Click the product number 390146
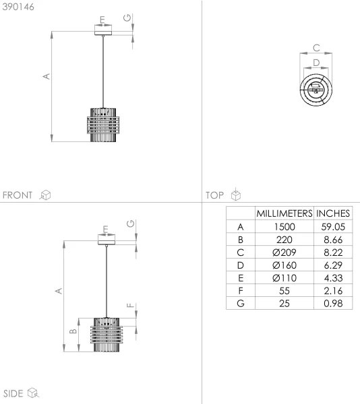[20, 7]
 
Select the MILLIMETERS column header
[284, 213]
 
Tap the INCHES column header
[334, 213]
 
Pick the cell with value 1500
[284, 226]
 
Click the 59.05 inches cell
[334, 226]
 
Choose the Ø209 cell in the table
[284, 252]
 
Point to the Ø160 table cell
[284, 265]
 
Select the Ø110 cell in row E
[284, 277]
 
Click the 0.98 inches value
[334, 303]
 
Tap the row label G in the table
[240, 303]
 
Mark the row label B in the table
[240, 239]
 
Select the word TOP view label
[215, 195]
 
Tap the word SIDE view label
[14, 393]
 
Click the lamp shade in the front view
[103, 123]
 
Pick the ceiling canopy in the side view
[107, 238]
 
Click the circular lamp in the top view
[316, 88]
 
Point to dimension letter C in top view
[316, 48]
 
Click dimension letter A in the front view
[46, 77]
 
